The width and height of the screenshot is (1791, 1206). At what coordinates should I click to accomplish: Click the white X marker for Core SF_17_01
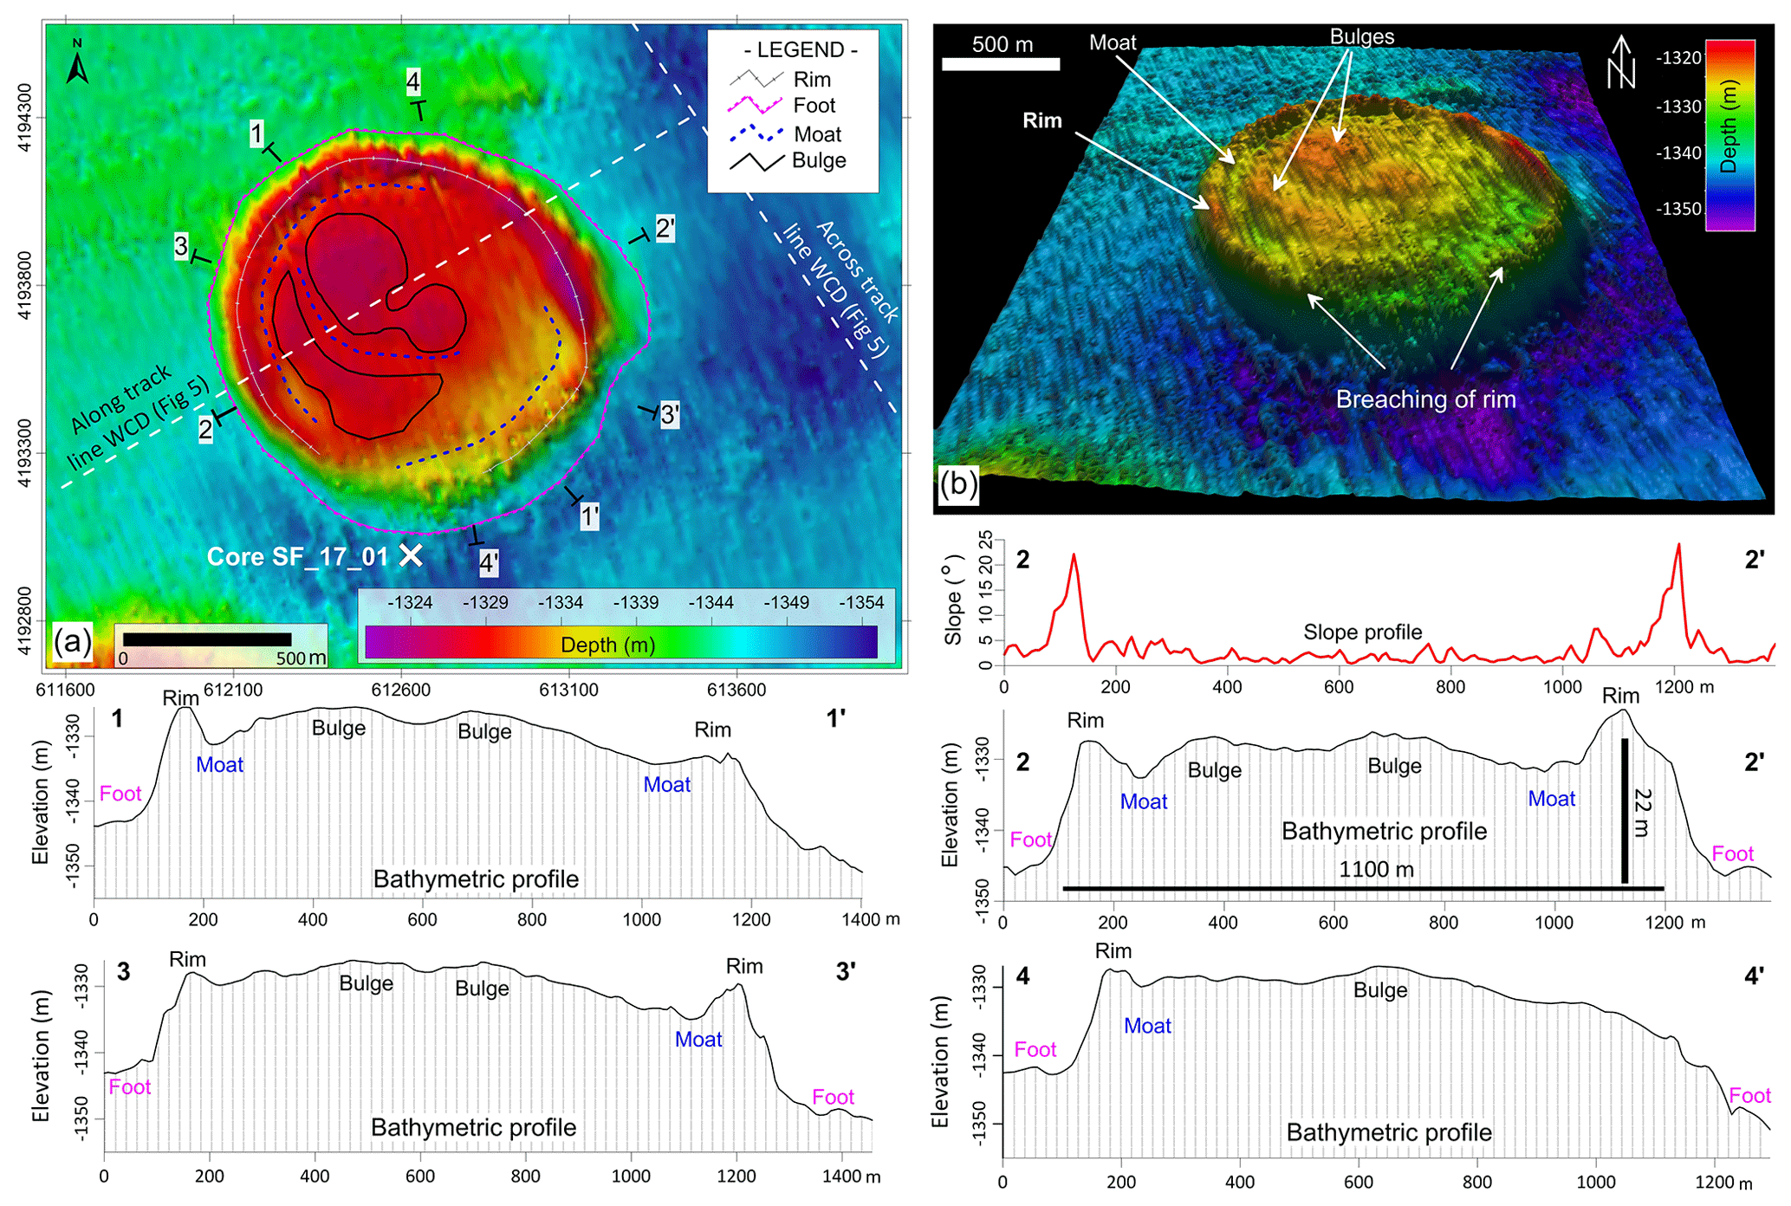point(411,555)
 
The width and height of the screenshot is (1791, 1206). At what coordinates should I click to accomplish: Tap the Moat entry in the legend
point(817,134)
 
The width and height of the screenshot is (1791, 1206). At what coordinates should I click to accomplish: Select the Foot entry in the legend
point(814,106)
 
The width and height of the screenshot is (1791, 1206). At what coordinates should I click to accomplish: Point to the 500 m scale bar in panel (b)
point(1001,63)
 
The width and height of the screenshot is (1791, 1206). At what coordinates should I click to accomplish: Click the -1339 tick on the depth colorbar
point(636,603)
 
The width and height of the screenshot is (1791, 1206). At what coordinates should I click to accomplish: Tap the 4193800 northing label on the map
point(26,285)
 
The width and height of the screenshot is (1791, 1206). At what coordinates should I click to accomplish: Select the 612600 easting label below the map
point(401,690)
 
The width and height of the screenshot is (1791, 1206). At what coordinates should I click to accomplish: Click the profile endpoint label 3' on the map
point(669,415)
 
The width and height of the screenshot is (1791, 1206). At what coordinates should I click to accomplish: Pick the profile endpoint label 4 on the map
point(413,82)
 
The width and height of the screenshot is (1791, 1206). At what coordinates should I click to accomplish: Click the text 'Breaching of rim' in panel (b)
point(1425,399)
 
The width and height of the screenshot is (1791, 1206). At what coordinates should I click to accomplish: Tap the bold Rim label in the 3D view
point(1042,120)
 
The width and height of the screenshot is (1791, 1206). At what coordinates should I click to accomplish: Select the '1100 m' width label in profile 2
point(1376,869)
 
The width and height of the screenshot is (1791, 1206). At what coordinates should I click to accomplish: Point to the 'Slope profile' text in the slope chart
point(1362,632)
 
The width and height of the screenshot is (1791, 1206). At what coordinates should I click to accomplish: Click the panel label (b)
point(958,483)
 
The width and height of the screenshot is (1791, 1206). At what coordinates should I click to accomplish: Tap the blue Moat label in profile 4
point(1147,1026)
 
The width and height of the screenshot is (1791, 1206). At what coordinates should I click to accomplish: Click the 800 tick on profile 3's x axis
point(526,1176)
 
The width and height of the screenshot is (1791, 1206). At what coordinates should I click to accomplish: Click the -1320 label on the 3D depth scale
point(1678,58)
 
